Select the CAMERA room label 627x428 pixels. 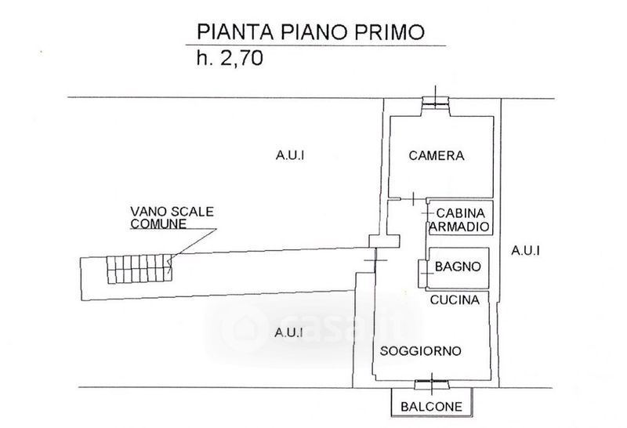pyautogui.click(x=437, y=155)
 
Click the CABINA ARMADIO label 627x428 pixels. pyautogui.click(x=461, y=219)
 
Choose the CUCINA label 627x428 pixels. pyautogui.click(x=458, y=299)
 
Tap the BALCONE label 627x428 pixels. pyautogui.click(x=432, y=407)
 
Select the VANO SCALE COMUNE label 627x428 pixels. pyautogui.click(x=171, y=217)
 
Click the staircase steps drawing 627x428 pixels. pyautogui.click(x=140, y=269)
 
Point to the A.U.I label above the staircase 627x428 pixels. pyautogui.click(x=290, y=155)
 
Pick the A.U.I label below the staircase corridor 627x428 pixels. pyautogui.click(x=289, y=332)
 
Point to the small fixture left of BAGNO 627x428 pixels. pyautogui.click(x=423, y=269)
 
